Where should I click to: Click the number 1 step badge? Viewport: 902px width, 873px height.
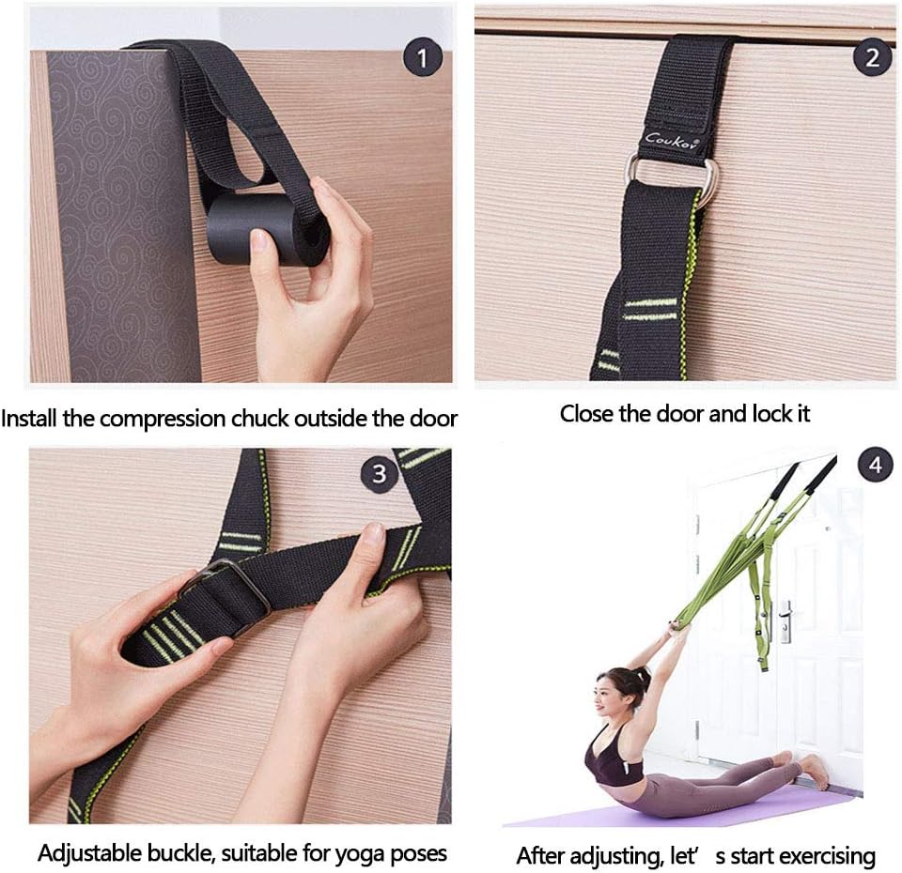422,60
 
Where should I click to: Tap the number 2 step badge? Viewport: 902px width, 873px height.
872,58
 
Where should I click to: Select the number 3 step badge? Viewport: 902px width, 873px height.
380,474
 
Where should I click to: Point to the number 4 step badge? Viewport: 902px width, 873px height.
875,466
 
